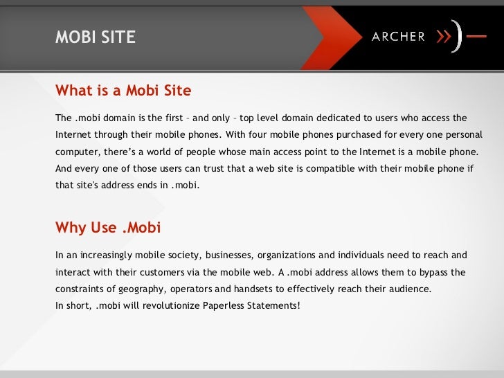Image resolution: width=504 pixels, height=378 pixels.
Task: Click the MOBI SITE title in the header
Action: click(x=96, y=37)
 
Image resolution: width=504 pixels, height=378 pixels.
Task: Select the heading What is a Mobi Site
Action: click(x=123, y=91)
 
